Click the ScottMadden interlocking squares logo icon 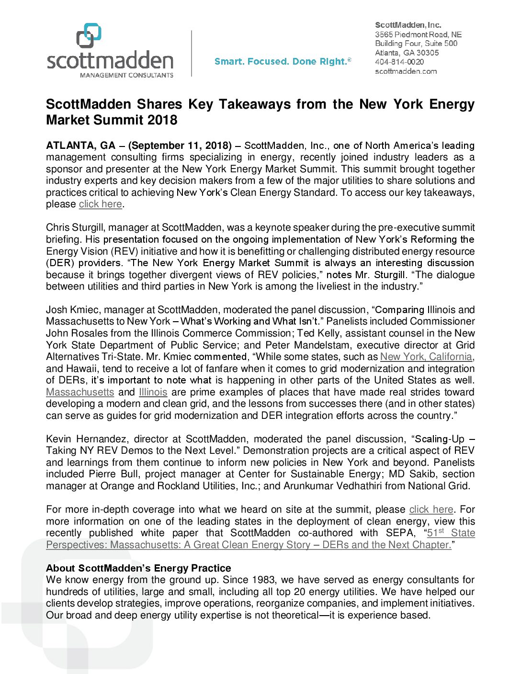[89, 35]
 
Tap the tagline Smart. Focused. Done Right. [283, 61]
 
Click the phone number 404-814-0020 [399, 62]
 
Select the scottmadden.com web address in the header [406, 71]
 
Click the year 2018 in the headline [162, 120]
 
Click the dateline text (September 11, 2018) [180, 146]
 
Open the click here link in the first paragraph [100, 204]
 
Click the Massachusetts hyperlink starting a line [80, 392]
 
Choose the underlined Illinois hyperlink [153, 392]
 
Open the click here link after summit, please [431, 509]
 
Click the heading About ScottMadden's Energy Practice [138, 568]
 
